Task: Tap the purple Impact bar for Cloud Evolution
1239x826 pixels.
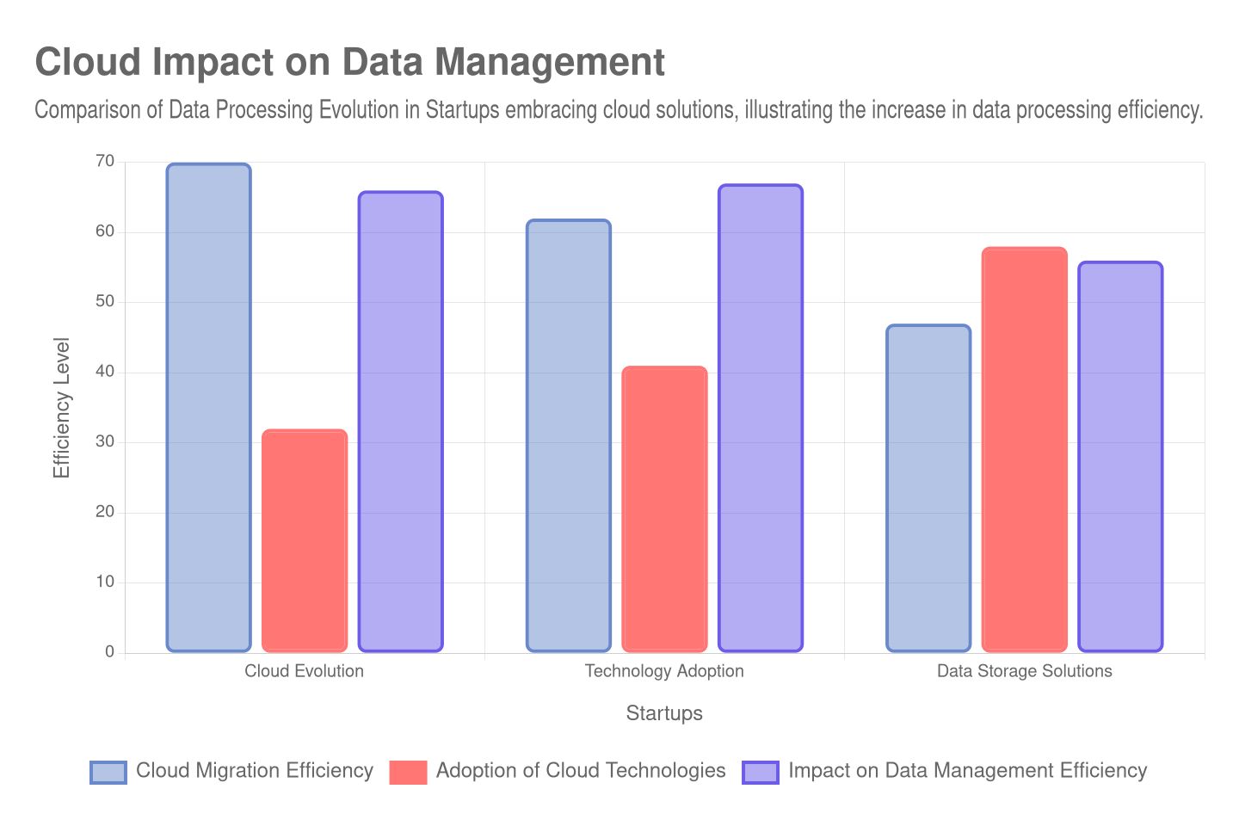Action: point(401,422)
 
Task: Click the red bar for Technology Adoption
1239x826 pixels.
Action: point(664,509)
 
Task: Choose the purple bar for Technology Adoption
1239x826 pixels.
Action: point(761,418)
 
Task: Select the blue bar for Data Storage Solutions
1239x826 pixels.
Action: point(928,488)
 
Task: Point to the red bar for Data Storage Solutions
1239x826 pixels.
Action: point(1025,449)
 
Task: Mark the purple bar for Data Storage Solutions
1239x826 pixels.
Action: point(1120,456)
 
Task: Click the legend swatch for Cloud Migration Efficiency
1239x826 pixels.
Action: point(108,772)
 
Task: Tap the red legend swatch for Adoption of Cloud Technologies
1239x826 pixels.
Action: point(408,772)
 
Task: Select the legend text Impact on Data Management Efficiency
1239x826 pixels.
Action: point(968,770)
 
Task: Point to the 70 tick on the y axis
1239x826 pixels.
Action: point(105,162)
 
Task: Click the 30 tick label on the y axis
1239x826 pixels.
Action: point(105,441)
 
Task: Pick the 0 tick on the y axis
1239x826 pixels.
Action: point(109,651)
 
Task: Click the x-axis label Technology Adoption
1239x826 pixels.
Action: point(664,671)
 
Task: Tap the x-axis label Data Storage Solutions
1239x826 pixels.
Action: point(1024,671)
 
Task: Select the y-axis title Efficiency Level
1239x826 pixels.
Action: point(61,407)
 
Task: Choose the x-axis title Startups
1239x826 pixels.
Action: point(664,713)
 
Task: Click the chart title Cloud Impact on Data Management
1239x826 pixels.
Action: point(349,62)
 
